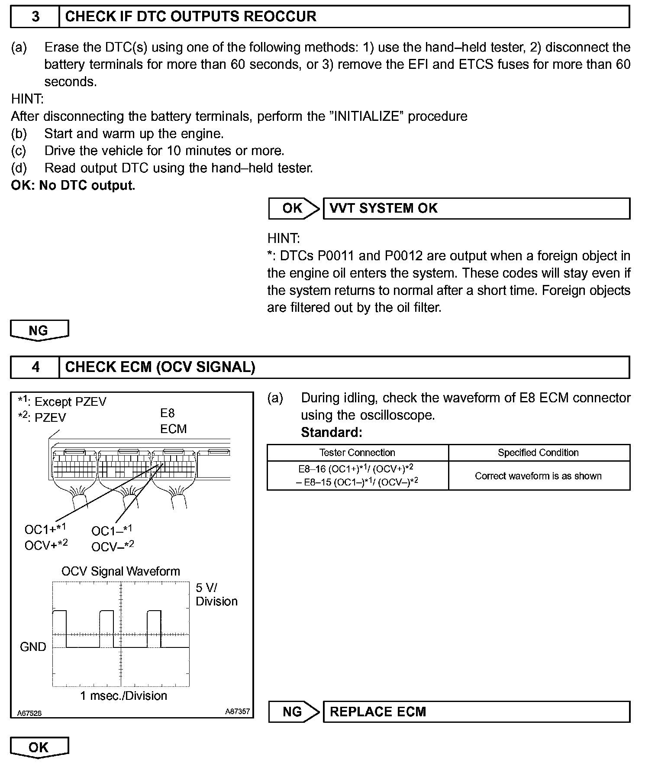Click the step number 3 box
[x=35, y=16]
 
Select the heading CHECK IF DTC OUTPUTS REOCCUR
[x=190, y=16]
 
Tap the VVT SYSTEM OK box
[x=476, y=208]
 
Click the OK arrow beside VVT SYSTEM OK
[x=294, y=208]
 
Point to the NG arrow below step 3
[x=39, y=330]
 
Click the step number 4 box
[x=35, y=367]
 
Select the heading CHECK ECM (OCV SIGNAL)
[x=160, y=367]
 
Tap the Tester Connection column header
[x=357, y=453]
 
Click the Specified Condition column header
[x=538, y=453]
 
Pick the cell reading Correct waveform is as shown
[x=538, y=476]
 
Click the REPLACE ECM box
[x=476, y=712]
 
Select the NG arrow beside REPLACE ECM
[x=294, y=712]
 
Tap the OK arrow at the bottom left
[x=39, y=747]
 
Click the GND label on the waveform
[x=33, y=647]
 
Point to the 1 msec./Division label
[x=123, y=696]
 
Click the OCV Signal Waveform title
[x=120, y=571]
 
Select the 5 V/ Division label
[x=216, y=594]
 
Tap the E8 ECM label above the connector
[x=173, y=421]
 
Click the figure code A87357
[x=237, y=711]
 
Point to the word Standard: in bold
[x=331, y=432]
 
